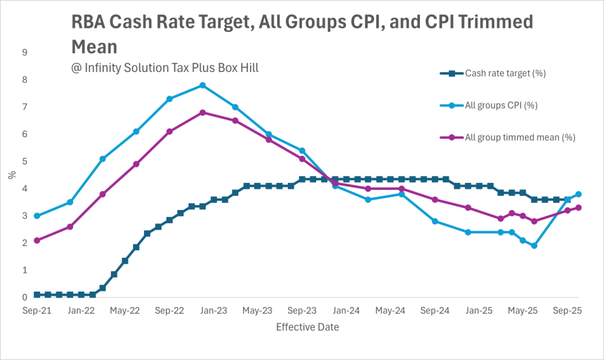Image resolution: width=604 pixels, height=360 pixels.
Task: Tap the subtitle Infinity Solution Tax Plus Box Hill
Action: [x=165, y=67]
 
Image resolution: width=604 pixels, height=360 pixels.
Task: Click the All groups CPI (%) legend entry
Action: [x=501, y=106]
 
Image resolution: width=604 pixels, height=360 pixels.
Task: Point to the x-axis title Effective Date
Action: [x=308, y=326]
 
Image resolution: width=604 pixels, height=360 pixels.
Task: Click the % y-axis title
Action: [x=12, y=175]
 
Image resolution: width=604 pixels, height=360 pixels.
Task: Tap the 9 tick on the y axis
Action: [x=25, y=53]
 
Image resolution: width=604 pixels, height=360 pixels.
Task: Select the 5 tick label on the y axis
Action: [x=25, y=161]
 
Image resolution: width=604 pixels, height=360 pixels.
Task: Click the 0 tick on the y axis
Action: [x=25, y=297]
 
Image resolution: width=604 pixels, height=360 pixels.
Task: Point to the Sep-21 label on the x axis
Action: [x=37, y=310]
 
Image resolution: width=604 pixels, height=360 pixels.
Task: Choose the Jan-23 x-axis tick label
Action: [x=214, y=310]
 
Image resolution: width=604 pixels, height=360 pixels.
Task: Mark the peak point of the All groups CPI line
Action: [x=202, y=86]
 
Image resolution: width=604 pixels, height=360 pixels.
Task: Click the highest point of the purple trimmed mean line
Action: [x=202, y=112]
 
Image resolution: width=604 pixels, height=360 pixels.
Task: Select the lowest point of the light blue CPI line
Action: [x=534, y=246]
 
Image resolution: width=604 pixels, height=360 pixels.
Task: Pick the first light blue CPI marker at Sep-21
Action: [x=37, y=216]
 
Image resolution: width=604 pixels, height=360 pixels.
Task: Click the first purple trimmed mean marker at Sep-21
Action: [x=37, y=240]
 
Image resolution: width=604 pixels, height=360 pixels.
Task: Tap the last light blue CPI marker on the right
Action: [x=579, y=194]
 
